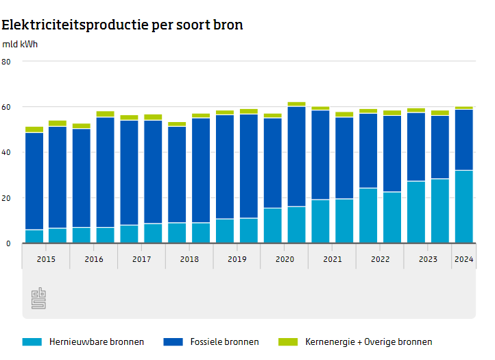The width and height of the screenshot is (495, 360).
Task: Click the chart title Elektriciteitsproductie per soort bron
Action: click(122, 25)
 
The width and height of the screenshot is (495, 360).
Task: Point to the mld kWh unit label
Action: click(20, 45)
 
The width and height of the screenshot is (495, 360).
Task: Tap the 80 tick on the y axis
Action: click(7, 62)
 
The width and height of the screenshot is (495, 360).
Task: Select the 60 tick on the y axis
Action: click(7, 107)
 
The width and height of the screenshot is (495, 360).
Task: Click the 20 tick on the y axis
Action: click(7, 198)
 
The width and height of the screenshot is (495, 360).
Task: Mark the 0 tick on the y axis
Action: click(10, 243)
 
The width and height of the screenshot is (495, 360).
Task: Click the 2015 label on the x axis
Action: click(46, 259)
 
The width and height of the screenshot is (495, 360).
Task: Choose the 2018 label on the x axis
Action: click(189, 259)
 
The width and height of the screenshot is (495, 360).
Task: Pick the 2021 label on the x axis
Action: click(333, 259)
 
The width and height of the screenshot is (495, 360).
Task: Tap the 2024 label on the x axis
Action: click(463, 259)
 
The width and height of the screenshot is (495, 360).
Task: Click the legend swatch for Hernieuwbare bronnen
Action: click(32, 341)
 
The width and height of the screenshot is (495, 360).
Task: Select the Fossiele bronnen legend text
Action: click(225, 341)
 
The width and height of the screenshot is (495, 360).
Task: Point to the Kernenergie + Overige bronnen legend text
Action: click(369, 341)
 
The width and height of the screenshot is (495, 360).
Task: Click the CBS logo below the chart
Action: click(38, 298)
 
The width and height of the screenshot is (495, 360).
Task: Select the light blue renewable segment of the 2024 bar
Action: click(464, 206)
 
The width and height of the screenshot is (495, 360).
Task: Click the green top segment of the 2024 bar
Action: click(464, 108)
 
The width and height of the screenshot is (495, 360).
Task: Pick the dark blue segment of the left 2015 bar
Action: click(34, 181)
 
